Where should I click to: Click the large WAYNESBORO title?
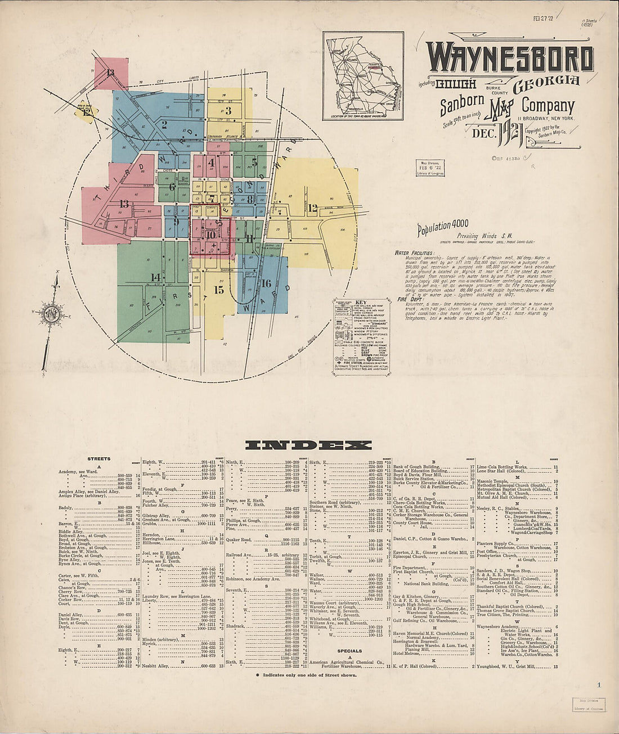509,58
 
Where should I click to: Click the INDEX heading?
309,445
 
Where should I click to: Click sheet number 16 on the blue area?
266,283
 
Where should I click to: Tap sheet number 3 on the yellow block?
228,110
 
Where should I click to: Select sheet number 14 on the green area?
155,277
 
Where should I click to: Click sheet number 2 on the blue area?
164,125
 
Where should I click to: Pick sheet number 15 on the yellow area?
219,290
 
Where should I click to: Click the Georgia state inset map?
363,76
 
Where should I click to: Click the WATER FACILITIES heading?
414,254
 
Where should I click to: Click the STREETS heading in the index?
99,459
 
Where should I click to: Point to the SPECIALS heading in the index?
349,651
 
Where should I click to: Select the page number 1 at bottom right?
599,685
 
